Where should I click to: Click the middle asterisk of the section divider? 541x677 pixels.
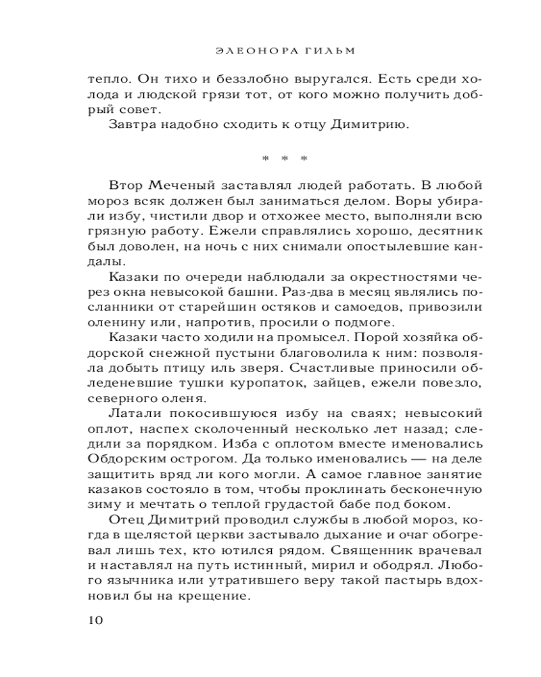[285, 159]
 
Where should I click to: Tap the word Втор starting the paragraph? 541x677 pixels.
[123, 186]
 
